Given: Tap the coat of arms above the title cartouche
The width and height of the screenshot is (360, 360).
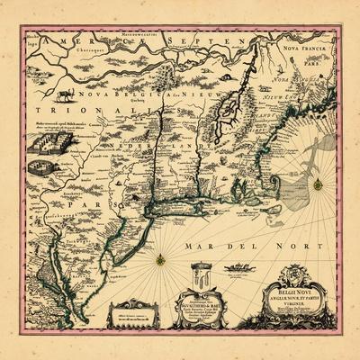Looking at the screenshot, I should click(297, 274).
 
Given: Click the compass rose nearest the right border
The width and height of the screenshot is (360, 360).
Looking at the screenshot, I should click(317, 184).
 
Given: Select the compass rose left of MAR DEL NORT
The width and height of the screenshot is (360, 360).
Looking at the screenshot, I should click(160, 260).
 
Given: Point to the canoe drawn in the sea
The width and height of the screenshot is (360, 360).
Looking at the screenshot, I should click(237, 267).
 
